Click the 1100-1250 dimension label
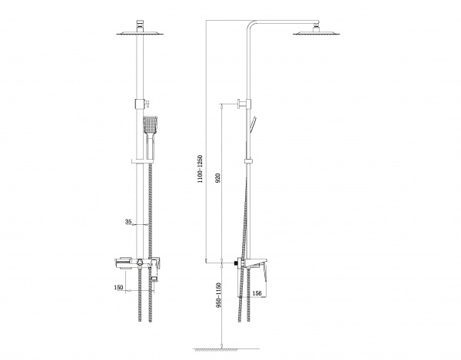click(x=201, y=169)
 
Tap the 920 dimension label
click(x=218, y=179)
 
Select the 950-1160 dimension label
click(x=218, y=296)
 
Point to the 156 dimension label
click(x=257, y=293)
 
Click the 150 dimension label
click(x=119, y=287)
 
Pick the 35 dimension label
click(x=128, y=221)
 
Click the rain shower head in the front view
click(x=140, y=33)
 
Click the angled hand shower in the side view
click(x=253, y=124)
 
